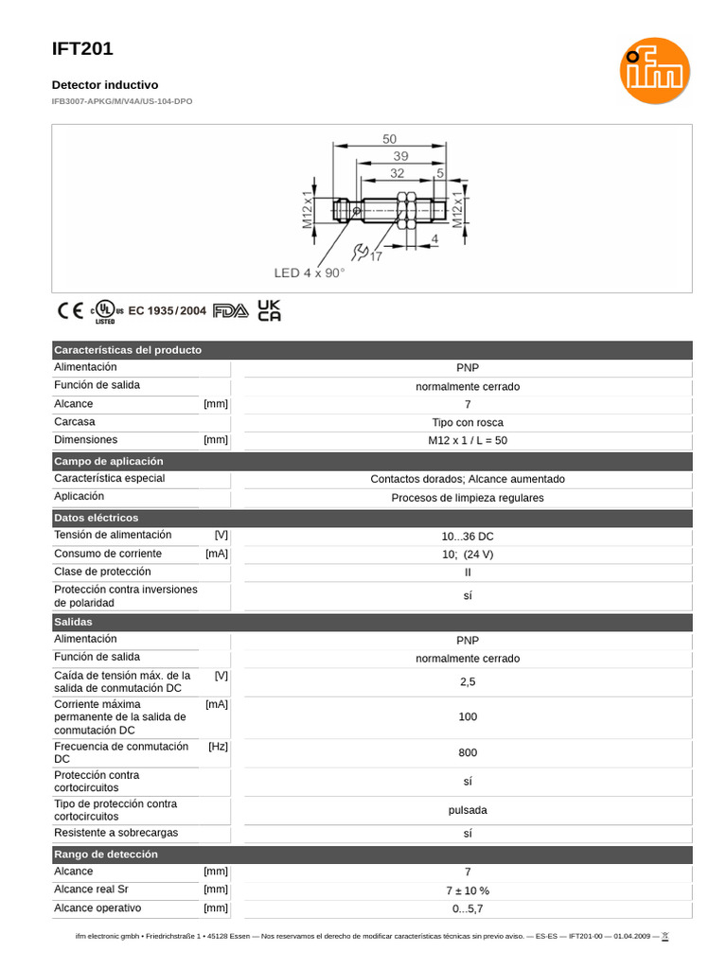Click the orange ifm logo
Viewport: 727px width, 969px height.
(654, 71)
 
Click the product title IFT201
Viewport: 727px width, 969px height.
(82, 50)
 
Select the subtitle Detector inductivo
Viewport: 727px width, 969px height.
(104, 85)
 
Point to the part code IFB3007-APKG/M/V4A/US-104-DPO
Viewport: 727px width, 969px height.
(121, 100)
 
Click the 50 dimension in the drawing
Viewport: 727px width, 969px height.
(389, 139)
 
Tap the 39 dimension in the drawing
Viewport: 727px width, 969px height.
(400, 156)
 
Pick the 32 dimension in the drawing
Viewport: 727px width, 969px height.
(397, 173)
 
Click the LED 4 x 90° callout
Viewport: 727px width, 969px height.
(310, 273)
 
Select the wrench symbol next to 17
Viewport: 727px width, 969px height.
(360, 252)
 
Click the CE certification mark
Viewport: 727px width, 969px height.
(70, 310)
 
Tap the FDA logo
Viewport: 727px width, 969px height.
(230, 310)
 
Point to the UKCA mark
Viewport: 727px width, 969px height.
(270, 310)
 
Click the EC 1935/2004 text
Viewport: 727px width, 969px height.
(167, 310)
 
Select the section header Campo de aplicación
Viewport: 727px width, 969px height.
(109, 461)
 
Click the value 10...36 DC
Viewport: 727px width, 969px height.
(468, 536)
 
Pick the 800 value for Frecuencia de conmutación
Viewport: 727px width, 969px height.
(468, 753)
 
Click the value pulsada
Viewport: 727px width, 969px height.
(468, 811)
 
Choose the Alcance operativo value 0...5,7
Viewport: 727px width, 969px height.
(468, 908)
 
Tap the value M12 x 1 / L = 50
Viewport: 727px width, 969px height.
(468, 441)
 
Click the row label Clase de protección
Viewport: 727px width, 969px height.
(102, 572)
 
